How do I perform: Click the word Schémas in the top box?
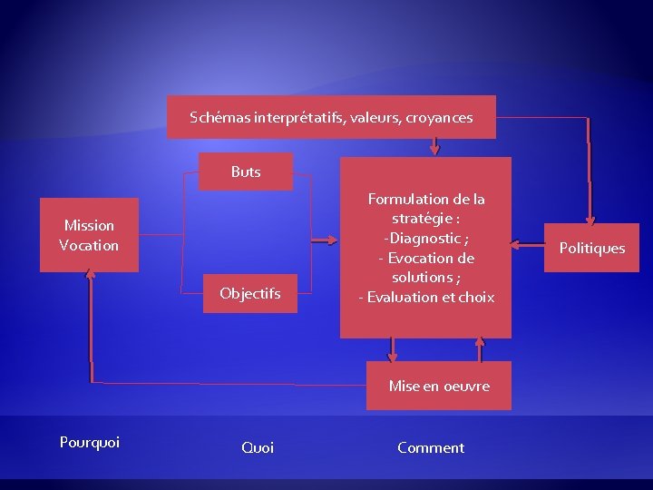click(219, 117)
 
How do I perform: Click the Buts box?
click(246, 171)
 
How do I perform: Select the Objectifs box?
click(249, 293)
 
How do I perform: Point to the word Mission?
click(89, 225)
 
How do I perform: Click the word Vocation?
click(89, 245)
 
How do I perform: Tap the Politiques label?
click(591, 248)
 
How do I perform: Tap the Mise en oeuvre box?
click(439, 386)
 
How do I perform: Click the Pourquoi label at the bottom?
click(90, 442)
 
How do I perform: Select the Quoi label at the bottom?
click(258, 447)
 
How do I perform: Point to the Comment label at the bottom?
click(431, 447)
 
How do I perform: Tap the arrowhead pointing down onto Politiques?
click(590, 220)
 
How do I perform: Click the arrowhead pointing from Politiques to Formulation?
click(516, 244)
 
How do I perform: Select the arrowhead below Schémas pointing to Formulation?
click(435, 150)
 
